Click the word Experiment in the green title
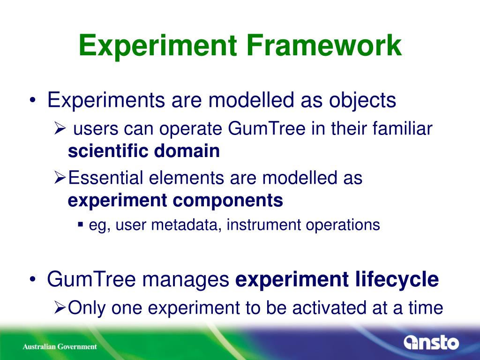click(x=158, y=46)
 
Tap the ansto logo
click(x=431, y=342)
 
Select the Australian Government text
click(x=60, y=346)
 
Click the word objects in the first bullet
click(x=362, y=101)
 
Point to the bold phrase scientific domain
click(x=143, y=151)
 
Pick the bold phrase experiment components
click(x=175, y=201)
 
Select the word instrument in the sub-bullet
click(x=263, y=225)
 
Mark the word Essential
click(x=105, y=178)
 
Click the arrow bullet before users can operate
click(x=60, y=128)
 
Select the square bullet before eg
click(x=81, y=225)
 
